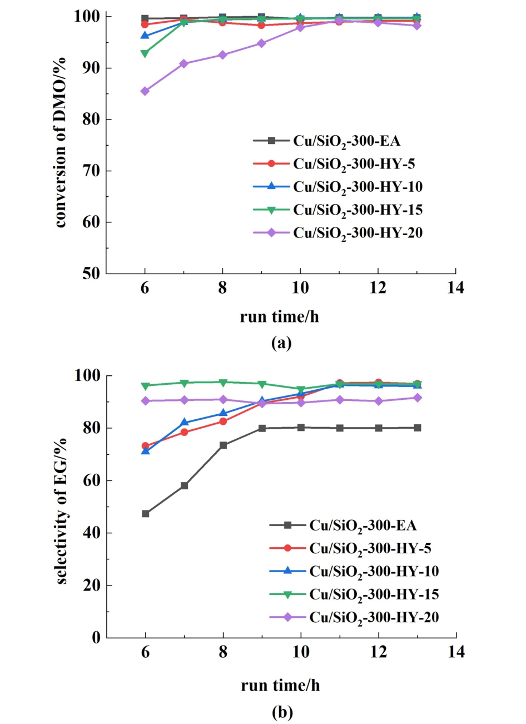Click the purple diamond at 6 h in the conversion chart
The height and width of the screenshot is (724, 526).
click(145, 91)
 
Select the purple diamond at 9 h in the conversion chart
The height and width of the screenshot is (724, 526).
click(261, 43)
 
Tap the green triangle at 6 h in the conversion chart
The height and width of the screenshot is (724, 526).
click(145, 54)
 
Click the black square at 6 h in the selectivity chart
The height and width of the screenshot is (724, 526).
click(145, 513)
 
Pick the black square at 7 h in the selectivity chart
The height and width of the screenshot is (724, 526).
click(184, 485)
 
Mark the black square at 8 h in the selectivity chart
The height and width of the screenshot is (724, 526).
click(223, 445)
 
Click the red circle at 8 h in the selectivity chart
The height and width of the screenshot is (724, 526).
click(223, 421)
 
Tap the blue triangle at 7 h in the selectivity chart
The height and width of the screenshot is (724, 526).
click(184, 422)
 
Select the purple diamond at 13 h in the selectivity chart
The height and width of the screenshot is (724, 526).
click(417, 398)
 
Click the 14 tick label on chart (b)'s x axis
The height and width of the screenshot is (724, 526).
click(456, 651)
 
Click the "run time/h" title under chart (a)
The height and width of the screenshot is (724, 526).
click(280, 317)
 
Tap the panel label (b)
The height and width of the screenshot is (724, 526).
click(281, 712)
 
